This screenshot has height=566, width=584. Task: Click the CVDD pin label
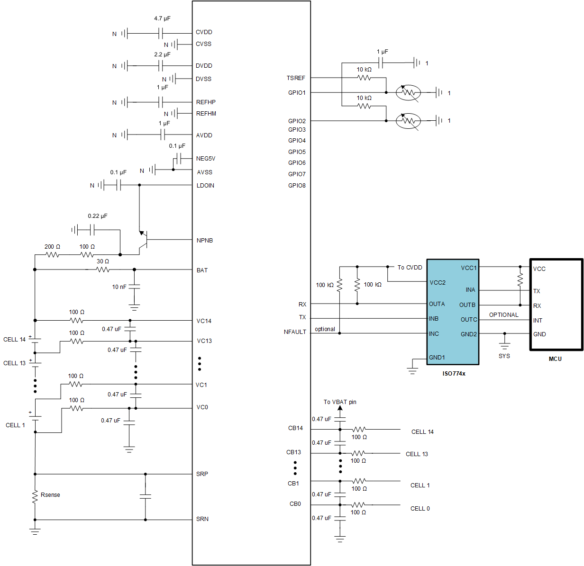(204, 32)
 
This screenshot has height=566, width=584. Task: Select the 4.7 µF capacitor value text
(162, 18)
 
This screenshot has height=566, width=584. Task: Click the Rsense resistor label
(50, 495)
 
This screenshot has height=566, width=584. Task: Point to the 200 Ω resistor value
(52, 247)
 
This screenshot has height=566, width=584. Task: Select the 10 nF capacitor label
(119, 287)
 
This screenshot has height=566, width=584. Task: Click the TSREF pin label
(296, 78)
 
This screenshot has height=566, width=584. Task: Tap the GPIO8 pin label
(297, 186)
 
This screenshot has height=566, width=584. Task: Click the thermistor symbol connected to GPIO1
(408, 93)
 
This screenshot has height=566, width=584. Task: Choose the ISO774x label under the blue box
(454, 374)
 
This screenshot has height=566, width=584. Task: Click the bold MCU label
(555, 359)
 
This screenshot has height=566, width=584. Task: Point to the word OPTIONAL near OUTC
(503, 315)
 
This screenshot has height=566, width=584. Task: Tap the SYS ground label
(504, 356)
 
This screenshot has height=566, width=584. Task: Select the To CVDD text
(410, 268)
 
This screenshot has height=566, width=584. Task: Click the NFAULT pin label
(295, 332)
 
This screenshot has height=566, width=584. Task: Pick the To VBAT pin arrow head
(340, 408)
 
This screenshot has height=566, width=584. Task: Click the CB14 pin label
(295, 428)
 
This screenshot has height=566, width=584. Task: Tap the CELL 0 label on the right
(420, 509)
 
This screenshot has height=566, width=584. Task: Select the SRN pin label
(202, 519)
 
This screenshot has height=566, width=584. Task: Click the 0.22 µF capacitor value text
(98, 216)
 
